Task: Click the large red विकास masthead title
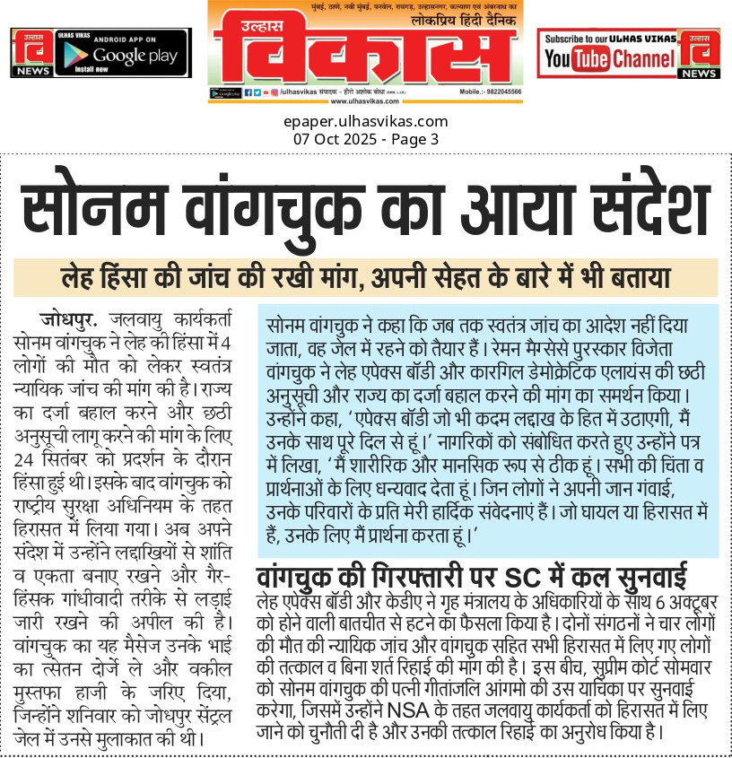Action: click(x=365, y=50)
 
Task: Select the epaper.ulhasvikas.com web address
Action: click(x=365, y=122)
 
